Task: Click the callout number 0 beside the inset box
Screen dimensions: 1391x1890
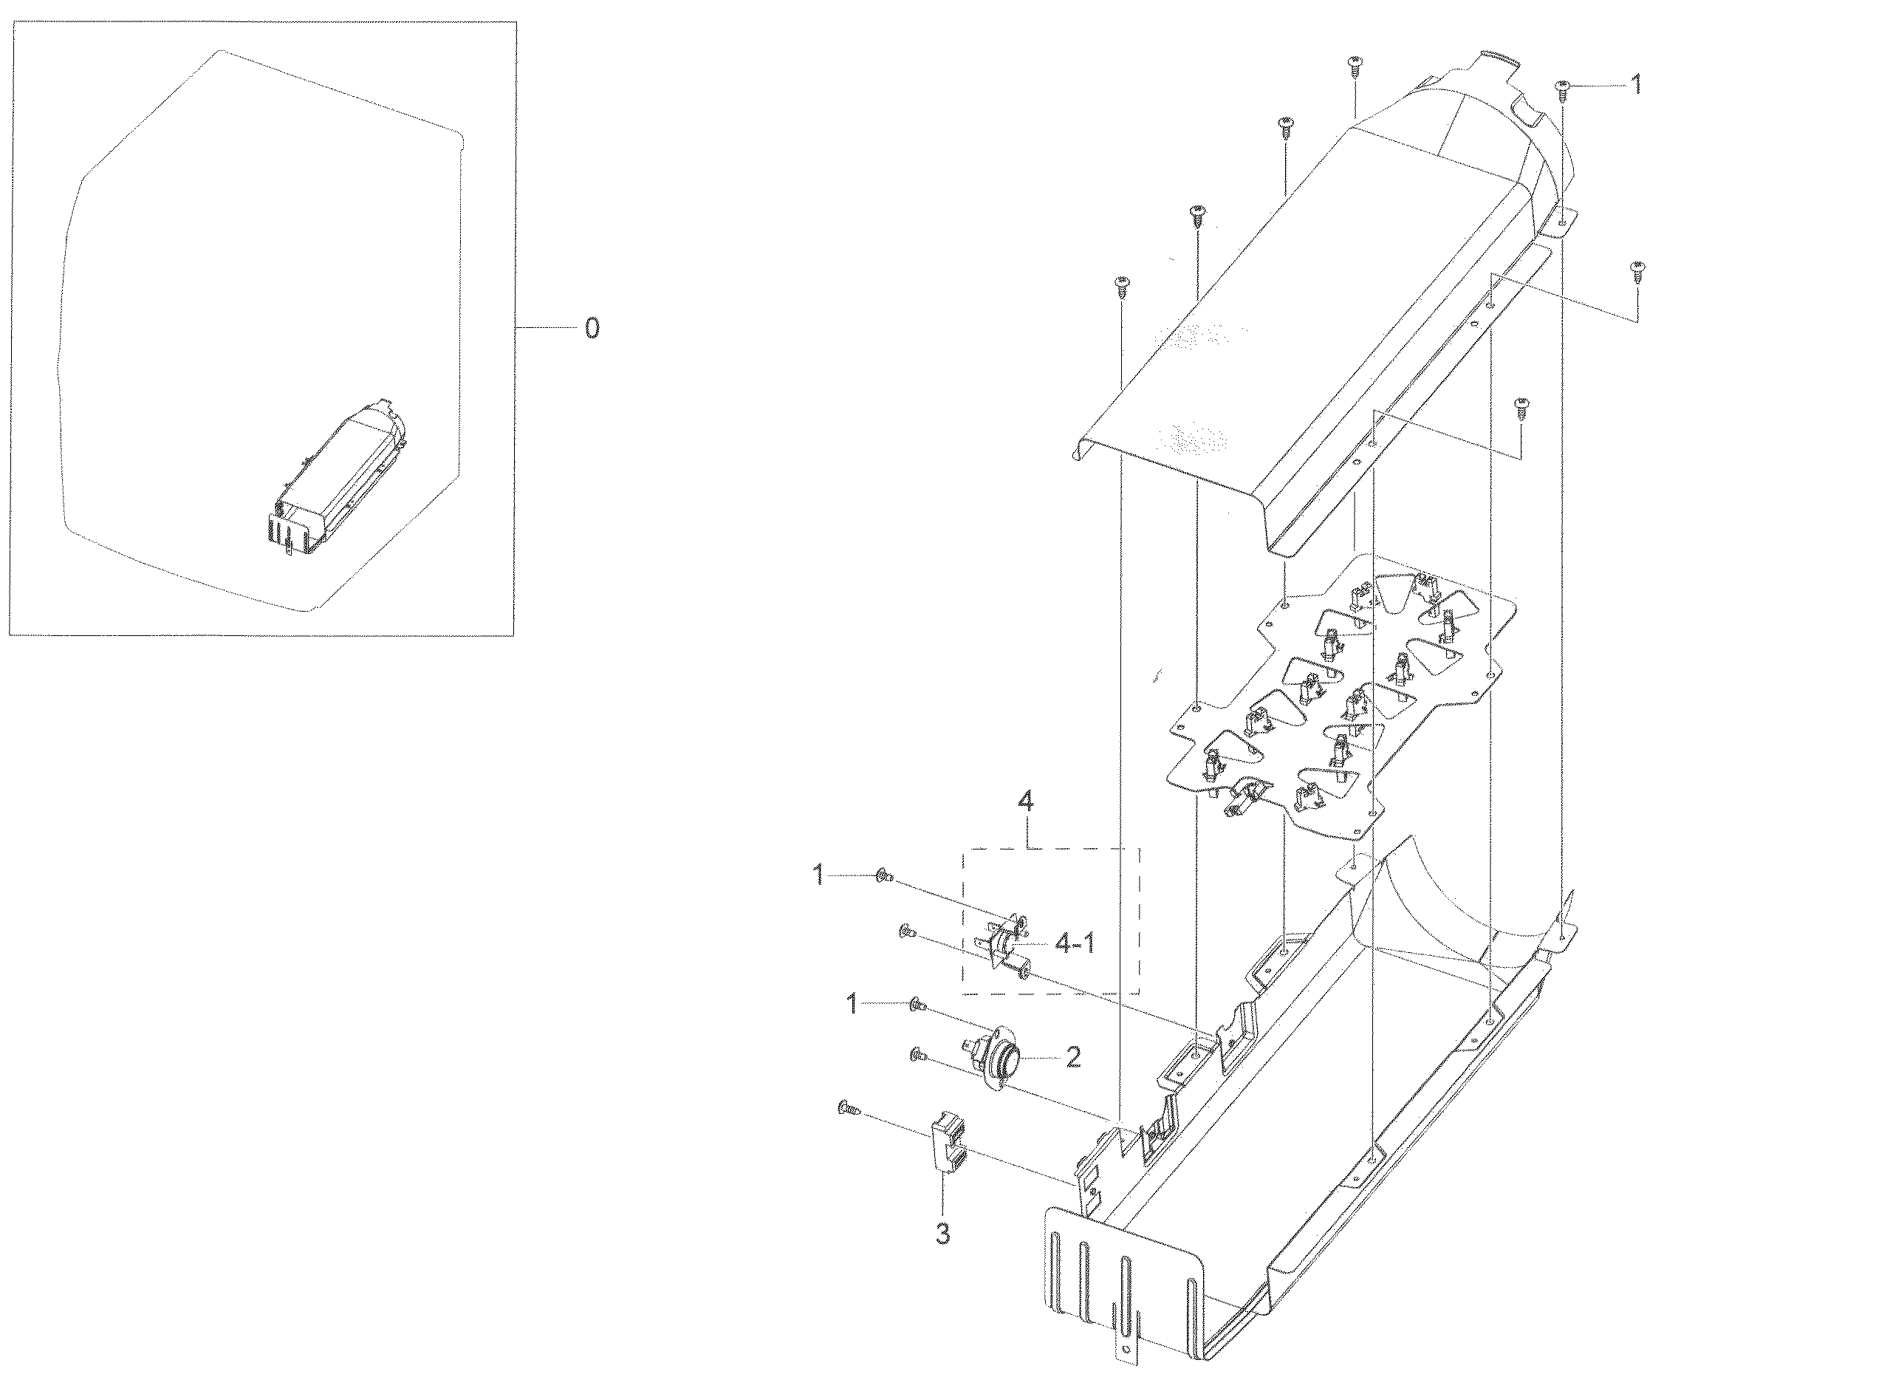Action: click(592, 329)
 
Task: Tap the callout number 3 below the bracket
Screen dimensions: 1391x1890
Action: click(943, 1234)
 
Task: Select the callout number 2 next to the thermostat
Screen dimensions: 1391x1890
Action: click(1072, 1058)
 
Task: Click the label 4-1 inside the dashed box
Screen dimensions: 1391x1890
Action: click(1075, 944)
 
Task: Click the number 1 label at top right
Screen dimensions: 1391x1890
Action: click(1636, 85)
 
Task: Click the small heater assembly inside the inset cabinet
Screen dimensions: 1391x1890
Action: click(337, 480)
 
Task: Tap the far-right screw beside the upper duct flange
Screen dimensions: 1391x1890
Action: click(1637, 272)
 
